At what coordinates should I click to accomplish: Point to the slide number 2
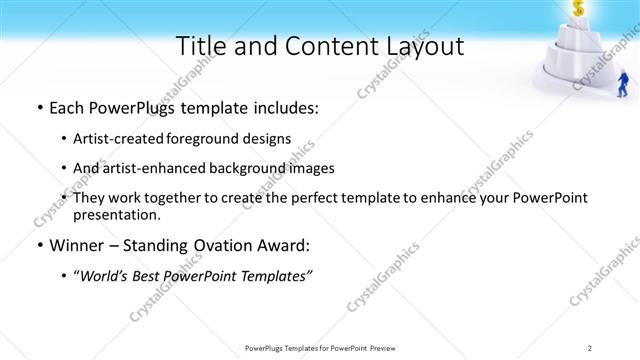click(x=590, y=347)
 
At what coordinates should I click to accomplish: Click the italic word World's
click(x=107, y=275)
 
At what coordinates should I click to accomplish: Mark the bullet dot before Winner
click(x=38, y=244)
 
